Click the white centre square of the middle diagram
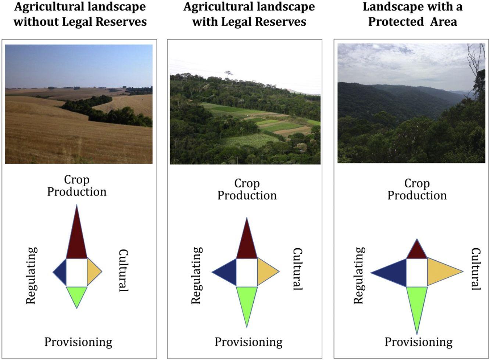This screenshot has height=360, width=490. [247, 272]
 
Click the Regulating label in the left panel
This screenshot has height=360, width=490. [32, 276]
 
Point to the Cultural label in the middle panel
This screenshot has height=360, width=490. [297, 269]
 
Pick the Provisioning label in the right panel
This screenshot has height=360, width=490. [418, 342]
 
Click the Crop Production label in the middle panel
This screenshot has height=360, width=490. [247, 189]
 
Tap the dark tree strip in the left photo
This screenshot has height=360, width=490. [107, 112]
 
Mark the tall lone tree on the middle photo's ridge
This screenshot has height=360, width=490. [229, 73]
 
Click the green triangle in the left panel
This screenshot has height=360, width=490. [76, 294]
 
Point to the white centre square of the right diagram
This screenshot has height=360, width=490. [417, 273]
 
